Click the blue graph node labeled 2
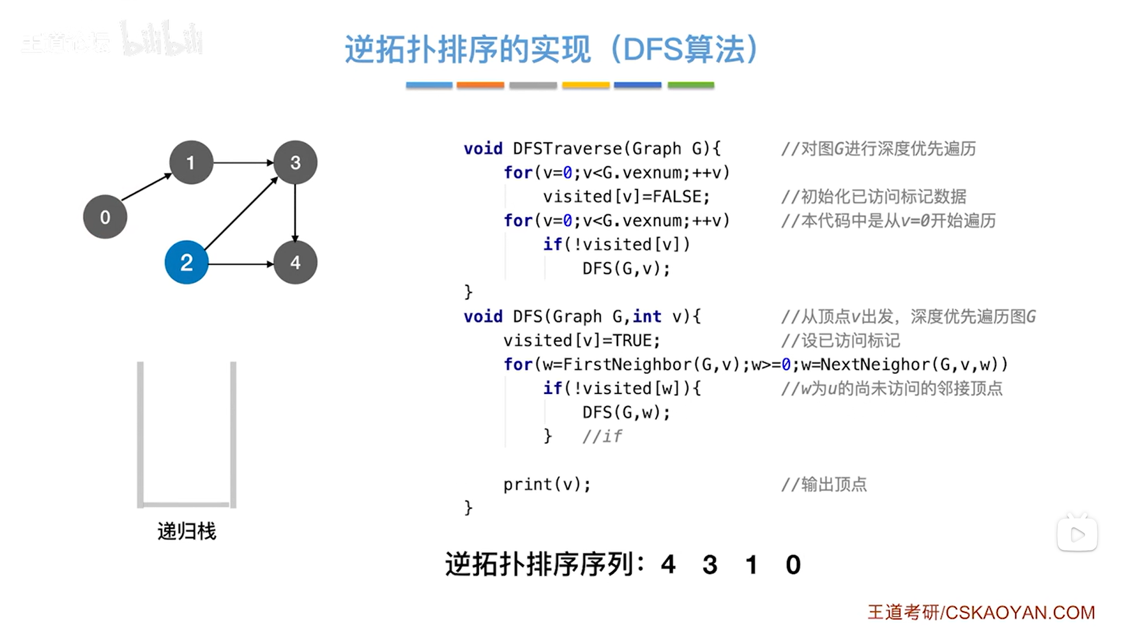186,263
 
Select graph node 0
105,217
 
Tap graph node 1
191,163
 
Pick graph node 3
295,163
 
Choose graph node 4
295,263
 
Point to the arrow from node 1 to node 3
243,163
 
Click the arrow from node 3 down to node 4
295,212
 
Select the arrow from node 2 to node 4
240,264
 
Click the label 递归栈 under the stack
187,531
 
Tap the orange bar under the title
480,85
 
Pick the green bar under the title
690,85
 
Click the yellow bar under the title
586,85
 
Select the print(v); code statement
547,484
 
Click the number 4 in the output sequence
668,565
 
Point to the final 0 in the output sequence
793,565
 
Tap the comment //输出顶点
824,484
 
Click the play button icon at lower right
1077,535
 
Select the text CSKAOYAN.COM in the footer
1020,612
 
